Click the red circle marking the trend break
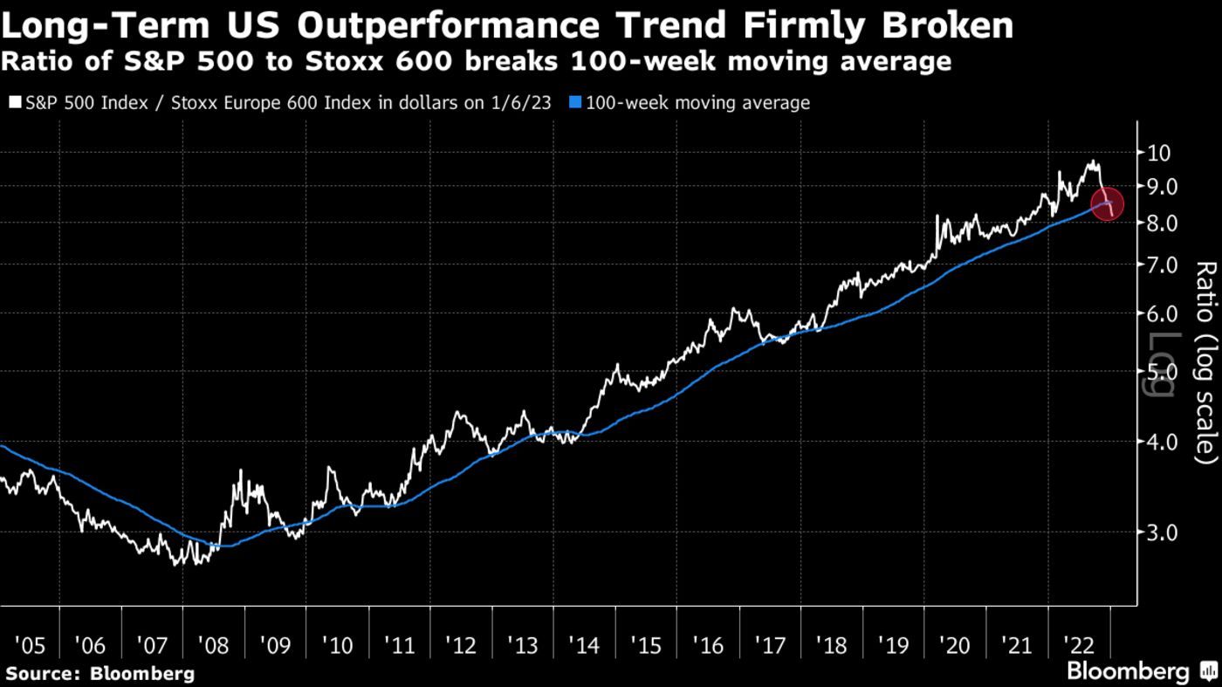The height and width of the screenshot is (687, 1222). [1107, 205]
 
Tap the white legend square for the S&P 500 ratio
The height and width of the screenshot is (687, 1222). [14, 103]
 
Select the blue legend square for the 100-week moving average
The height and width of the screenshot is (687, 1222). [575, 103]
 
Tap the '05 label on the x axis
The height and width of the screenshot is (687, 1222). [30, 646]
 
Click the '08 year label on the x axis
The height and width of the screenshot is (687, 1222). [214, 646]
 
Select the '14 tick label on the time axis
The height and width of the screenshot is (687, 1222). [585, 646]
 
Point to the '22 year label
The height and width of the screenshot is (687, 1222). [1079, 646]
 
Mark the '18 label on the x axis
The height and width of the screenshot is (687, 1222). [832, 646]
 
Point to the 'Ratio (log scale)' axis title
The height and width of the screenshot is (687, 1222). [1204, 361]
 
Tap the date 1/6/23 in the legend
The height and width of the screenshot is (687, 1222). [521, 103]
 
